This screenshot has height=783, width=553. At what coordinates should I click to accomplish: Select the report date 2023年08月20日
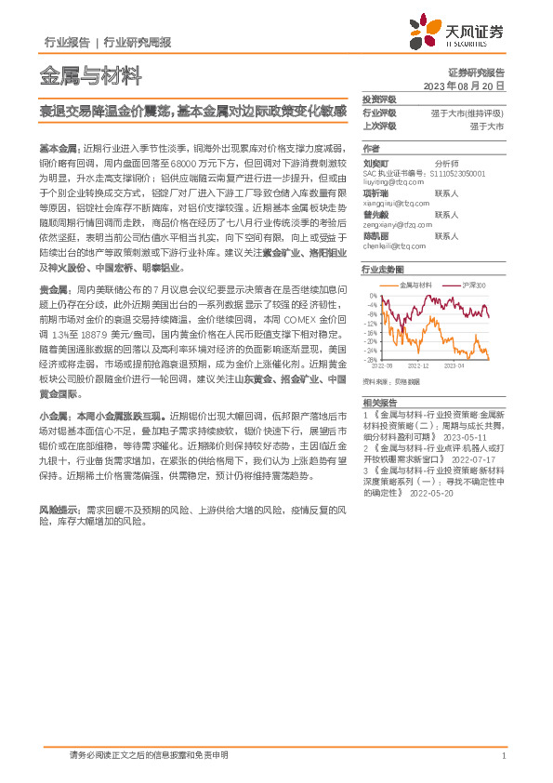pyautogui.click(x=464, y=85)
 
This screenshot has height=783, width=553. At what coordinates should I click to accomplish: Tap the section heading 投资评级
pyautogui.click(x=379, y=99)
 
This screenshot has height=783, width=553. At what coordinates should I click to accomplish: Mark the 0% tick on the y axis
pyautogui.click(x=374, y=296)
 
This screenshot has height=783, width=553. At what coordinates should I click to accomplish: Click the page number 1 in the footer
pyautogui.click(x=503, y=756)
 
